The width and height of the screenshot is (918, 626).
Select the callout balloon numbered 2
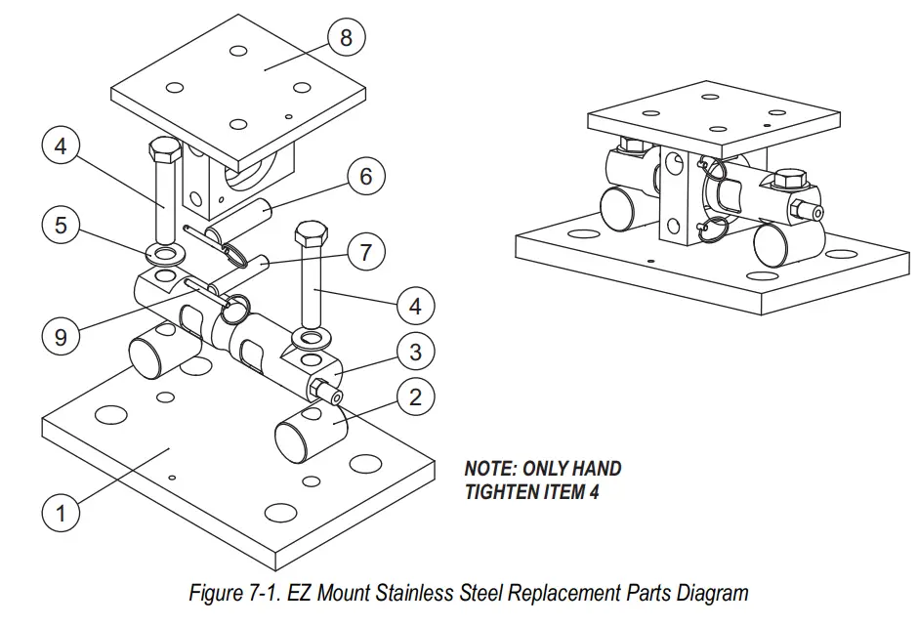click(x=415, y=396)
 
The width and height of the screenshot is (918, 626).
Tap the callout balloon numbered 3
click(x=415, y=351)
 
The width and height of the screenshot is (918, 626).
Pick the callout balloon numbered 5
click(x=61, y=225)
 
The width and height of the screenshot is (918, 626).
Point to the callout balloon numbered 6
click(x=366, y=177)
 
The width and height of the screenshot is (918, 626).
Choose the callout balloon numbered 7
click(x=366, y=253)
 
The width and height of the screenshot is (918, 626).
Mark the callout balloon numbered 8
click(x=346, y=38)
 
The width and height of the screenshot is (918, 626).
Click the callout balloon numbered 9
click(x=61, y=337)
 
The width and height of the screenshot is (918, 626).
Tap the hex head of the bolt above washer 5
click(x=163, y=152)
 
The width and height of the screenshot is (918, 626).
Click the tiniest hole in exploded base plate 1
click(x=172, y=478)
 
